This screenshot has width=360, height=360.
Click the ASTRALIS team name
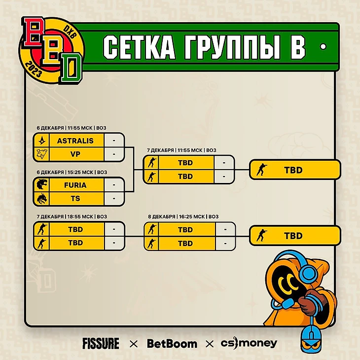click(75, 141)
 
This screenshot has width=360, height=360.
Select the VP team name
click(75, 154)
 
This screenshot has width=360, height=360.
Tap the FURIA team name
click(75, 185)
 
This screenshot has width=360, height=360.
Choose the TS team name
click(75, 198)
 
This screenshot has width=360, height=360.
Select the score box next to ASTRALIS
click(114, 141)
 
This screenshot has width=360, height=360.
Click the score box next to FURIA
click(114, 185)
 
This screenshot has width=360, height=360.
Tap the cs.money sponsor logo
click(249, 343)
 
